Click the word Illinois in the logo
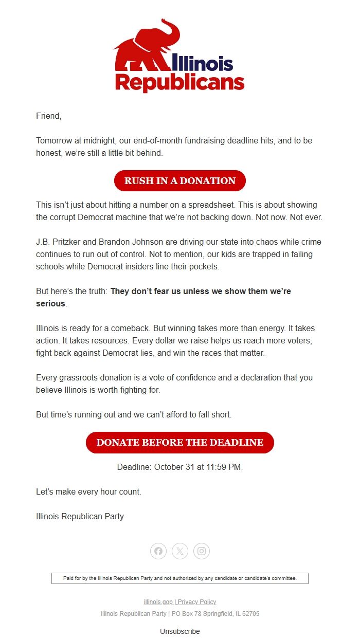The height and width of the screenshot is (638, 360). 203,63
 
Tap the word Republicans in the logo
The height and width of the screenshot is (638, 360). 179,83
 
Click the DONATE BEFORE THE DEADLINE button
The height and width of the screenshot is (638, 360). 179,443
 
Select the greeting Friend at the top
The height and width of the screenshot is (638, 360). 48,116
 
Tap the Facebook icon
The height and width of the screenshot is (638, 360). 158,551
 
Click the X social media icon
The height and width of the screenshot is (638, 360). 180,551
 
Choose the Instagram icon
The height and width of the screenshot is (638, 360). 202,551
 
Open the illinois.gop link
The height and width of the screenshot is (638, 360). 158,602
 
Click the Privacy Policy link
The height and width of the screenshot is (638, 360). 197,602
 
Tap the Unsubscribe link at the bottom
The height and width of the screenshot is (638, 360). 179,631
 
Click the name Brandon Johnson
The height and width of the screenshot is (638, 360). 129,242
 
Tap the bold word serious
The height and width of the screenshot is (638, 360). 50,303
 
